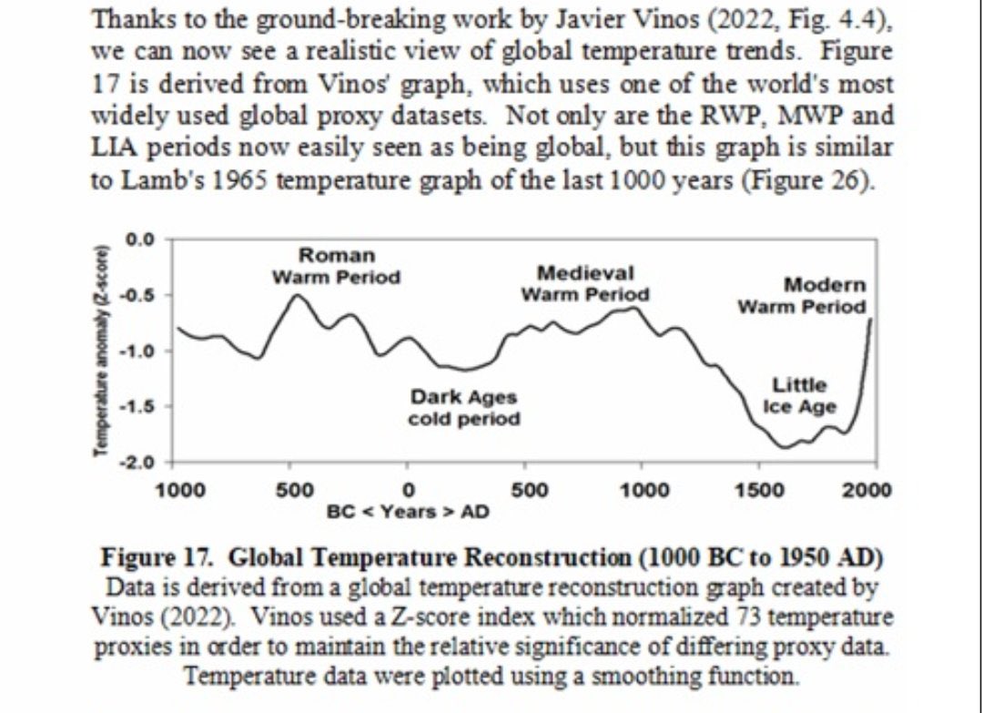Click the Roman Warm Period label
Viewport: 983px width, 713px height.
point(336,266)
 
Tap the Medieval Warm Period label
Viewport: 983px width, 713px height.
point(585,283)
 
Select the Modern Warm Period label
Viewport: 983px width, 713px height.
point(802,295)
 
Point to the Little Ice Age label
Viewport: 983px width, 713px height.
point(799,396)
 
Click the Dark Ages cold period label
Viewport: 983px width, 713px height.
point(464,408)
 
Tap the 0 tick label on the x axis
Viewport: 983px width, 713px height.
point(408,489)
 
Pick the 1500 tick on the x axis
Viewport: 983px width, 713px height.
point(759,489)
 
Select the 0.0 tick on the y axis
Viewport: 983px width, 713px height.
point(140,239)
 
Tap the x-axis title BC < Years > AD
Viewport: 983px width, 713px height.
point(408,512)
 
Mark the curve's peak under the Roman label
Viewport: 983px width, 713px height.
point(299,295)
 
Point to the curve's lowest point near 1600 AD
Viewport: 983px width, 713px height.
point(785,447)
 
